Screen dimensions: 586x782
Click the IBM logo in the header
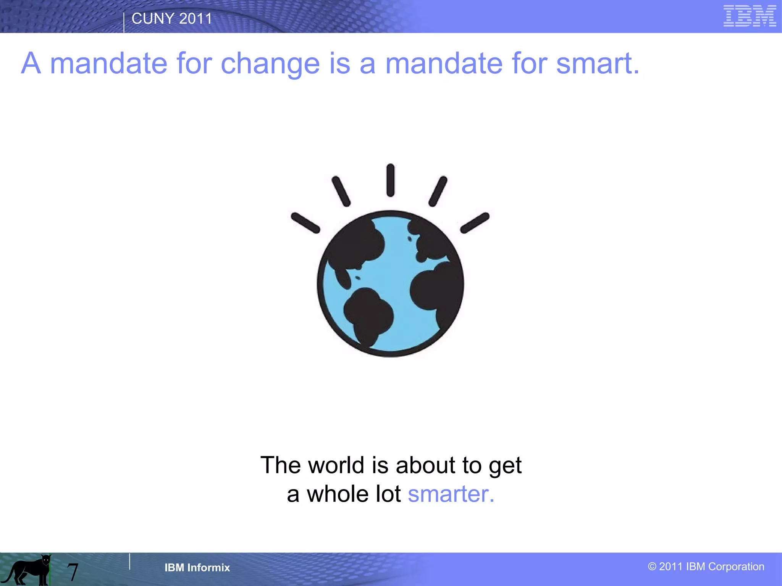[750, 16]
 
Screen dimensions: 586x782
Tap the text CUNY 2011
[171, 19]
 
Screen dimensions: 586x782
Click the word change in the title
[270, 63]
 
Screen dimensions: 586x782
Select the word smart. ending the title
[597, 63]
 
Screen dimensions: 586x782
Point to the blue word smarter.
[451, 494]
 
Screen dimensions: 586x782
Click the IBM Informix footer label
[197, 568]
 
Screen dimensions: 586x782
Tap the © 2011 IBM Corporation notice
[706, 567]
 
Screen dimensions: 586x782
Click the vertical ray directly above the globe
[390, 180]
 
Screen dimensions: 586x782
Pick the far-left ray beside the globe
[305, 223]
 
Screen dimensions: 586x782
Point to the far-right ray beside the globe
[475, 223]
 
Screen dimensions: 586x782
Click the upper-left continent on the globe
[355, 244]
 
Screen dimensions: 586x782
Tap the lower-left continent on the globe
[367, 315]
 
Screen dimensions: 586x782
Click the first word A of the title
[31, 63]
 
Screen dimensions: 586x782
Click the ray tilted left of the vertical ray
[341, 192]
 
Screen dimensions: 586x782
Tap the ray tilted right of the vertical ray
[438, 192]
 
